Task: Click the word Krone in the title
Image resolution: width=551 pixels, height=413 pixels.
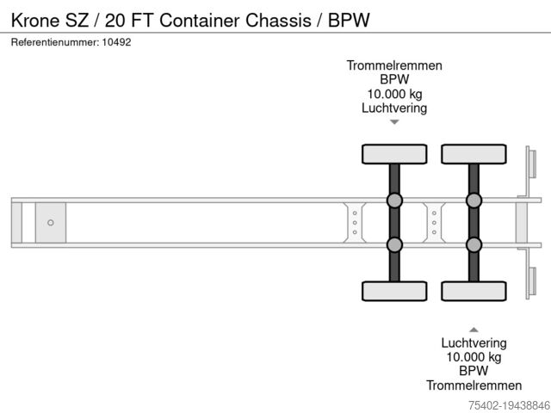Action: pyautogui.click(x=35, y=20)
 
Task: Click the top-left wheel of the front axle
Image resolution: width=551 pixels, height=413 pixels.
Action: pyautogui.click(x=394, y=154)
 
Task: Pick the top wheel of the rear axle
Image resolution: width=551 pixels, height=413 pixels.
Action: pyautogui.click(x=474, y=154)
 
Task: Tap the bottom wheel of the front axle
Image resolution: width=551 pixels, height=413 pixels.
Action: pyautogui.click(x=394, y=291)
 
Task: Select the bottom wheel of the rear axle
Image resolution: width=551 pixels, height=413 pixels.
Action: pyautogui.click(x=474, y=291)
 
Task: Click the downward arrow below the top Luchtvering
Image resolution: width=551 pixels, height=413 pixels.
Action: pyautogui.click(x=394, y=122)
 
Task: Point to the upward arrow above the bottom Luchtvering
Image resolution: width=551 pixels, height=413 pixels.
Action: pyautogui.click(x=474, y=329)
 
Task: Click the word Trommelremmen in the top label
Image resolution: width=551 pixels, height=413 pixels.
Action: pyautogui.click(x=394, y=65)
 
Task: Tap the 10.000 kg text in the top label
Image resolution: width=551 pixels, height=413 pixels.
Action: pyautogui.click(x=394, y=94)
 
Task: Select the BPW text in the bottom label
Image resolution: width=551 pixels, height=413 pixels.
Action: pyautogui.click(x=474, y=371)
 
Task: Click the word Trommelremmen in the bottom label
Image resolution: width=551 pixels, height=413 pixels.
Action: pyautogui.click(x=474, y=385)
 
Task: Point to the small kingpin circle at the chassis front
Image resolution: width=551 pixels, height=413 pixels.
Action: pyautogui.click(x=51, y=223)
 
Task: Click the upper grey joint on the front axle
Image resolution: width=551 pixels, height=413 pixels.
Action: pyautogui.click(x=394, y=200)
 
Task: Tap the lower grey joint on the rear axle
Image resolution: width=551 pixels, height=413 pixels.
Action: pyautogui.click(x=474, y=244)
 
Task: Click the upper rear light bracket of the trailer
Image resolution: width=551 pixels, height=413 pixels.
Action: pyautogui.click(x=531, y=167)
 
